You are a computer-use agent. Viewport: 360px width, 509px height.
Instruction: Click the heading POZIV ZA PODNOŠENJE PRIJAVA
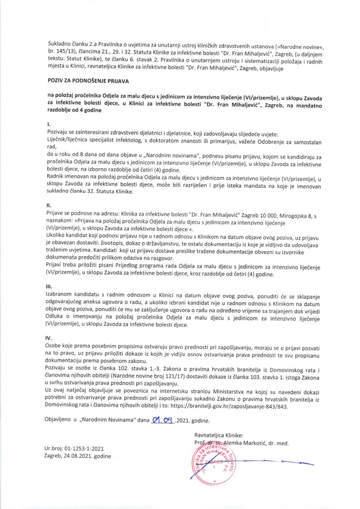click(x=88, y=81)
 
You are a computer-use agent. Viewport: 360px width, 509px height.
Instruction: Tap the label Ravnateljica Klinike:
click(x=218, y=435)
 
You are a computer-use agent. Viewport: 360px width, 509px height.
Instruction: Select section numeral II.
click(x=49, y=205)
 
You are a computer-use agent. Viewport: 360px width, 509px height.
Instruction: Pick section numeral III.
click(x=49, y=287)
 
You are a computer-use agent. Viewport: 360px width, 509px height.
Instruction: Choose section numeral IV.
click(x=48, y=338)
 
